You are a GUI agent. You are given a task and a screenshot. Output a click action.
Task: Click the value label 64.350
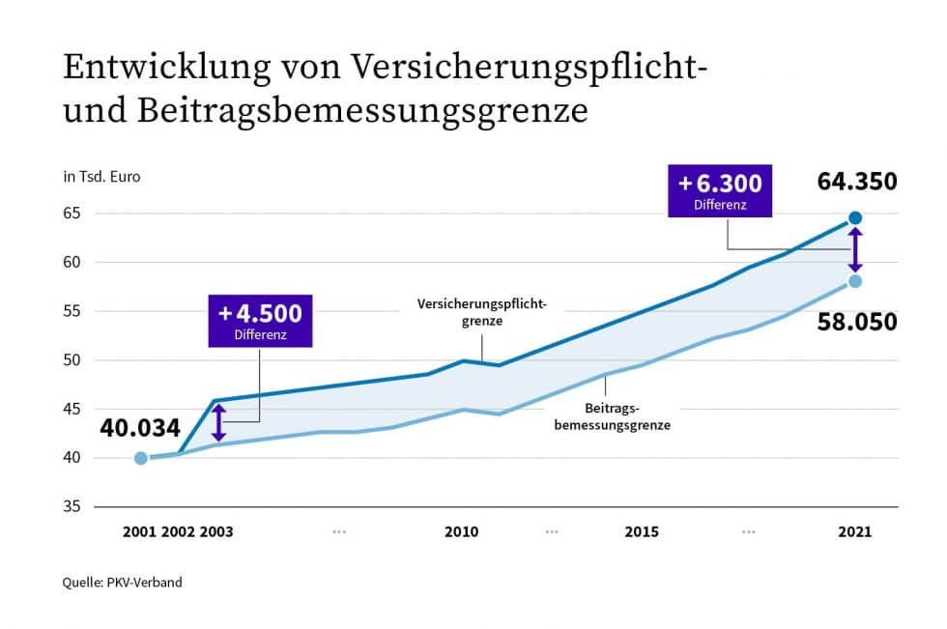click(x=856, y=182)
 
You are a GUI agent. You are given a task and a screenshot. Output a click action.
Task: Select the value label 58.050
click(x=856, y=322)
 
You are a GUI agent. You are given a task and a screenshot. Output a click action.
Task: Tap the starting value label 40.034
click(x=141, y=427)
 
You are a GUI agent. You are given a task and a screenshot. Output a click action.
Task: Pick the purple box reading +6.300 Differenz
click(x=720, y=190)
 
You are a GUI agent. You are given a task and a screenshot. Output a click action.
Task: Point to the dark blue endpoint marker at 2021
click(x=855, y=218)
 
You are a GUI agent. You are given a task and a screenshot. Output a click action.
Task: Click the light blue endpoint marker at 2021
click(x=855, y=281)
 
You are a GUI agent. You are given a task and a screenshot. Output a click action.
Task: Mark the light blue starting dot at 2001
click(x=141, y=458)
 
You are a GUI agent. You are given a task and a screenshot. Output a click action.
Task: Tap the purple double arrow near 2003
click(x=219, y=422)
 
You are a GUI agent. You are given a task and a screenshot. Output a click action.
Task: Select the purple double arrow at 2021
click(x=855, y=249)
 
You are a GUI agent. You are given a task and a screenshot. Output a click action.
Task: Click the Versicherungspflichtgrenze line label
click(x=482, y=312)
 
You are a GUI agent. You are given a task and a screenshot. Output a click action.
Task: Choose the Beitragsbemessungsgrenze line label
click(x=612, y=416)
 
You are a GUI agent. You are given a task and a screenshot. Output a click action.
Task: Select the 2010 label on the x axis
click(x=461, y=532)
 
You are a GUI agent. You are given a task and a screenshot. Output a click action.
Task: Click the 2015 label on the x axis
click(x=642, y=532)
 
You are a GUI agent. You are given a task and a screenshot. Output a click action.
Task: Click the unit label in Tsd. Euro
click(x=101, y=177)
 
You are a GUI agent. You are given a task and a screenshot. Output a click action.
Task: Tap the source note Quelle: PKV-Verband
click(x=123, y=583)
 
